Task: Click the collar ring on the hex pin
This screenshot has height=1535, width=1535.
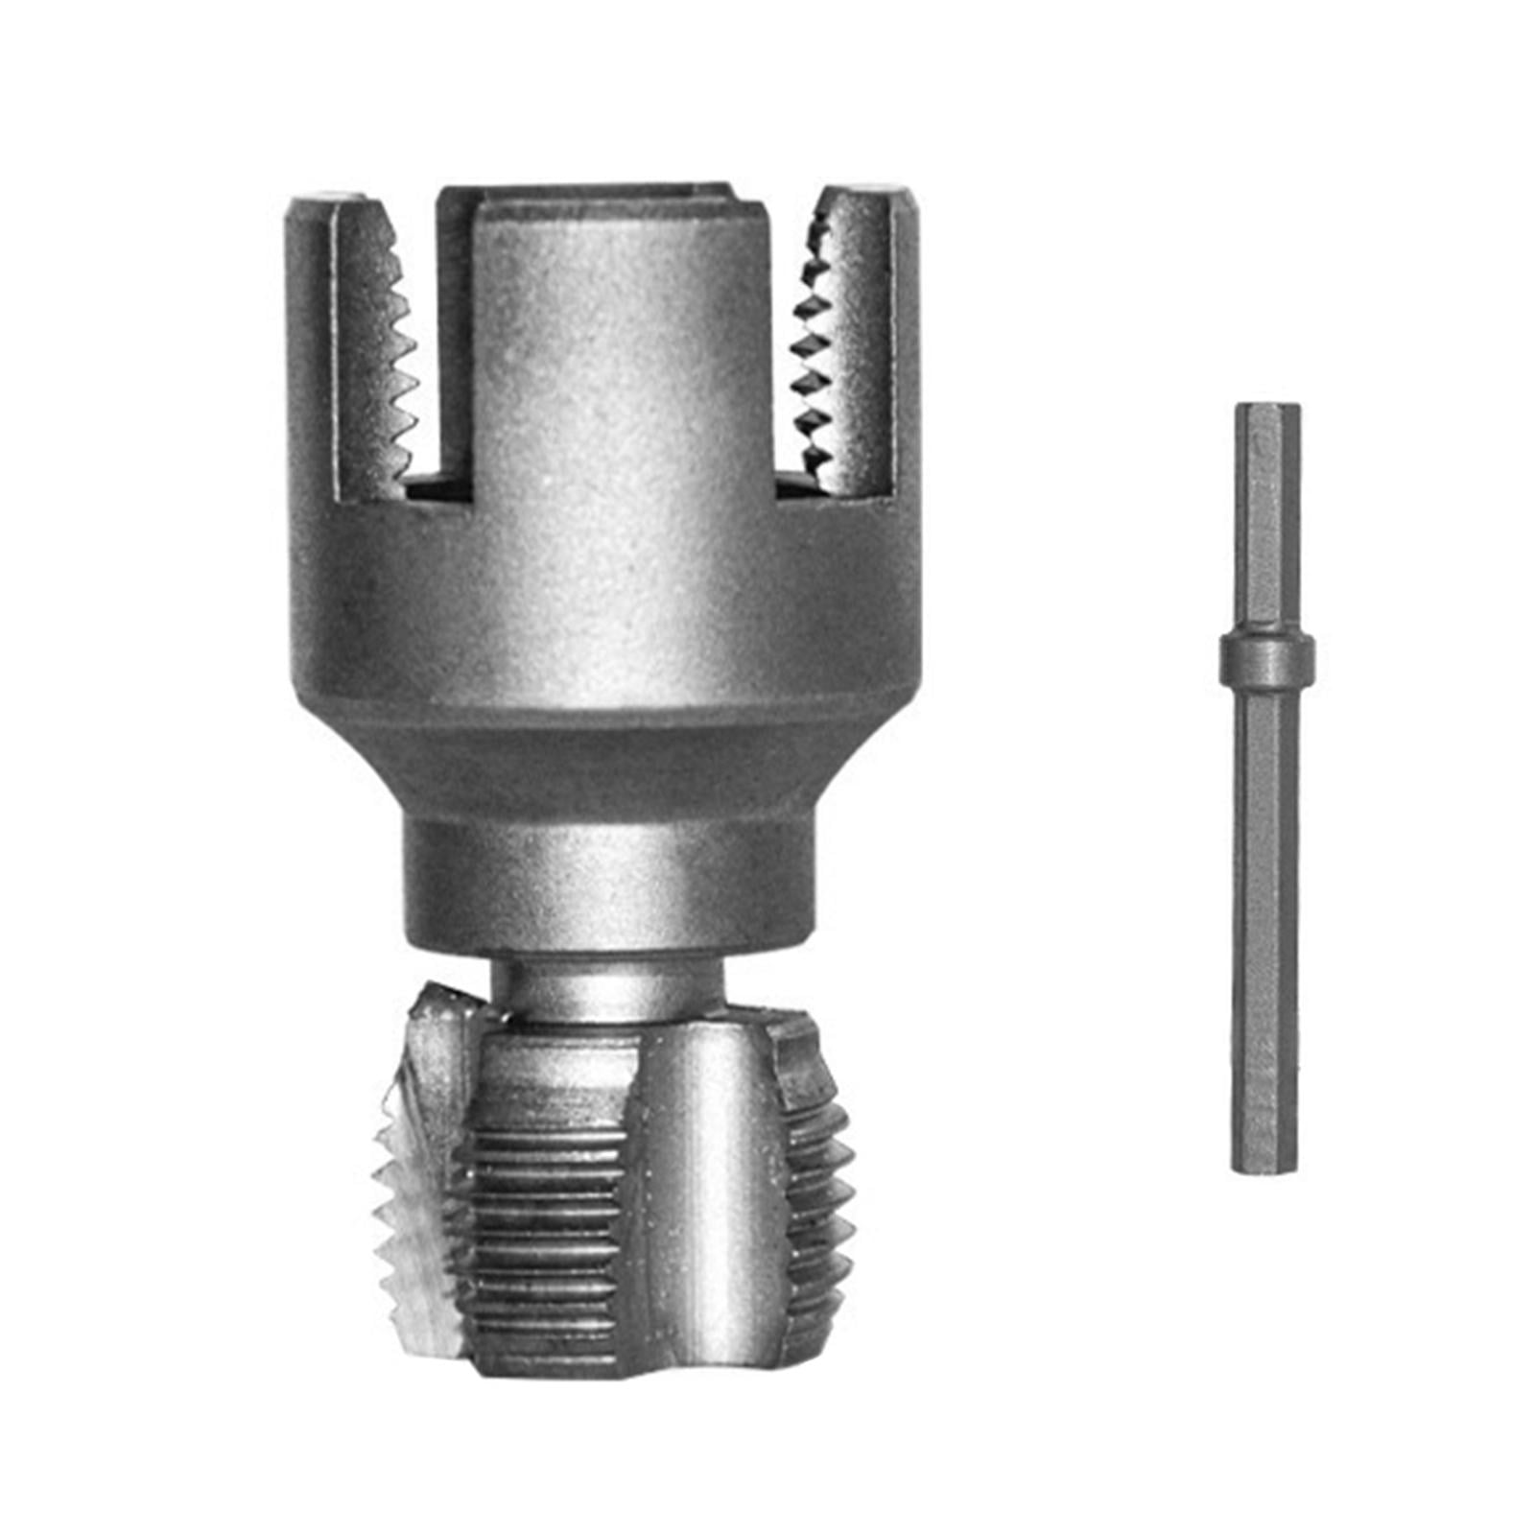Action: (x=1266, y=658)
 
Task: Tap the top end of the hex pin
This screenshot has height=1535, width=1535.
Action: (x=1266, y=409)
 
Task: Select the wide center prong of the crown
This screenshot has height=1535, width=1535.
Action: (x=614, y=336)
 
